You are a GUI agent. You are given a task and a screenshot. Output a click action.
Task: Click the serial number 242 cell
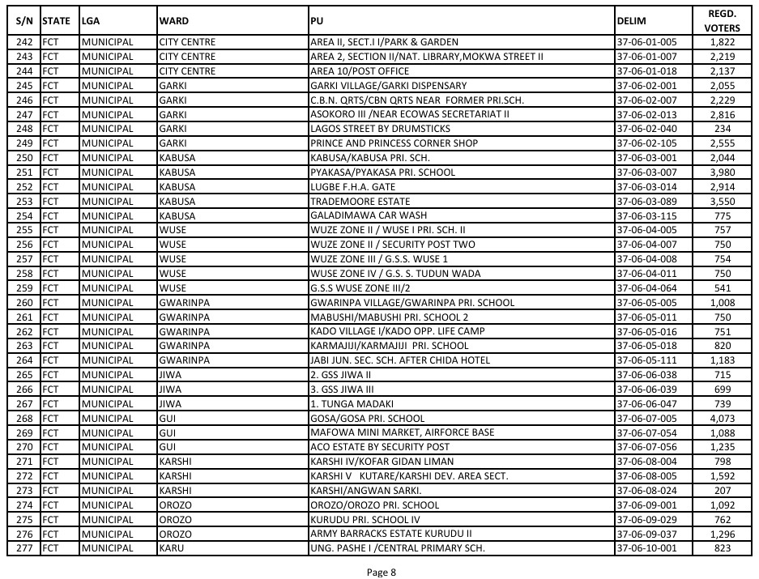(24, 41)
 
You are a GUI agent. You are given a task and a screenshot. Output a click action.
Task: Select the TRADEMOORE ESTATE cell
(360, 201)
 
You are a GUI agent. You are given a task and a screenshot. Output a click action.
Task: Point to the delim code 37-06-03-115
(646, 215)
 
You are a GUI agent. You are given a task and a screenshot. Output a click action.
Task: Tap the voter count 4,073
(721, 419)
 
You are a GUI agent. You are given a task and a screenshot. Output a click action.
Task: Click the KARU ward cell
(172, 549)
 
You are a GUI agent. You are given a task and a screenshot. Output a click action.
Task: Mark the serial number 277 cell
(24, 549)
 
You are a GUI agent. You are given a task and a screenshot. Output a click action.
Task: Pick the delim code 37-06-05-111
(646, 360)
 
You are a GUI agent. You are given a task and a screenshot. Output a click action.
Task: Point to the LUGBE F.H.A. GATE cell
(352, 186)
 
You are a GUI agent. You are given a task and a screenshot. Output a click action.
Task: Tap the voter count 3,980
(721, 172)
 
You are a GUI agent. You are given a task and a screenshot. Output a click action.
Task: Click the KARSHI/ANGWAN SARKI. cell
(362, 491)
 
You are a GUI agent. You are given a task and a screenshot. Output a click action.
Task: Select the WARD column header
(175, 21)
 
